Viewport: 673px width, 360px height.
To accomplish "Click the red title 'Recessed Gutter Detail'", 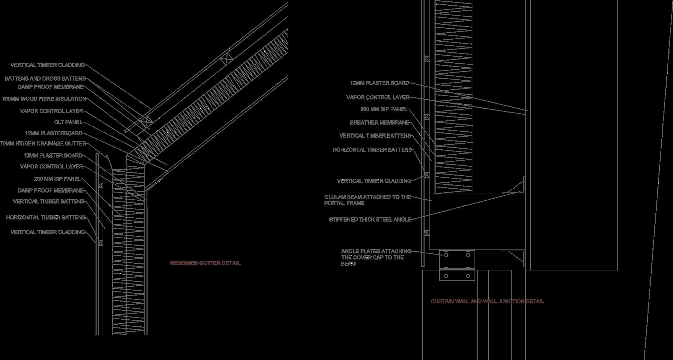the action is tap(205, 263).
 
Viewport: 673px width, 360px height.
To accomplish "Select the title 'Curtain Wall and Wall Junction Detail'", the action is tap(487, 301).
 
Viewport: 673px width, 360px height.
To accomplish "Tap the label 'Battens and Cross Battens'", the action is tap(45, 79).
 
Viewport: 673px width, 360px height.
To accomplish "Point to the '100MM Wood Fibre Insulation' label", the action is tap(44, 99).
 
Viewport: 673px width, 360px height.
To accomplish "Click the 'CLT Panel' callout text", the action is tap(68, 122).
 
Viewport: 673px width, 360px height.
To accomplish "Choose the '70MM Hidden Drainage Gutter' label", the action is tap(43, 144).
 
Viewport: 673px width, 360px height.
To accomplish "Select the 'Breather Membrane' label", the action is tap(379, 122).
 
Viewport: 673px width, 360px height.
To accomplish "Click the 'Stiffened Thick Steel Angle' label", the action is tap(370, 219).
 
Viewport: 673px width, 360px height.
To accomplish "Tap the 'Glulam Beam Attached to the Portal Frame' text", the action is tap(367, 200).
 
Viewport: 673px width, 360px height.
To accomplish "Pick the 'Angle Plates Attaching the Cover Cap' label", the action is tap(376, 257).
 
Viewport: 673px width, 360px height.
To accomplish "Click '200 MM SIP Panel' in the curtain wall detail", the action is tap(384, 109).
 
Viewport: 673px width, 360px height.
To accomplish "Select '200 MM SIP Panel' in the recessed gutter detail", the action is tap(57, 179).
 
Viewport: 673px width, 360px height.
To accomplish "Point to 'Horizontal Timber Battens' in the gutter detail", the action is tap(46, 217).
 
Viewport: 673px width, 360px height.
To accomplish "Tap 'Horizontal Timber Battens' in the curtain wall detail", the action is tap(372, 150).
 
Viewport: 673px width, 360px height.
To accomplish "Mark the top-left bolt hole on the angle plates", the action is tap(446, 255).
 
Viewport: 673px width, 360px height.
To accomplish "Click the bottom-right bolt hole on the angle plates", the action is tap(468, 276).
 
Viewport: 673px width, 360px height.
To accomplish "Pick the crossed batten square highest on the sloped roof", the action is tap(226, 59).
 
